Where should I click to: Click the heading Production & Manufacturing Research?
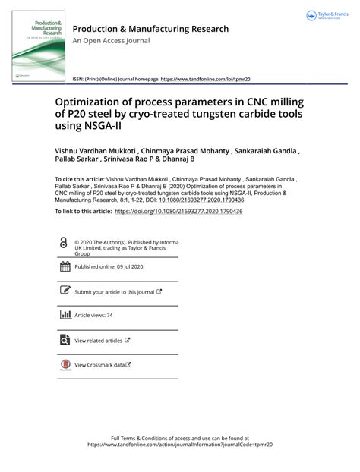[x=150, y=29]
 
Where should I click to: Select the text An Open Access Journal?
[x=112, y=42]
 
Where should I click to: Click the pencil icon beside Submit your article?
[x=64, y=291]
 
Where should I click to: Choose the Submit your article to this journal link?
[x=115, y=291]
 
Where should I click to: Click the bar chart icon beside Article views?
[x=64, y=314]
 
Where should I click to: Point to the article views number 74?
[x=109, y=314]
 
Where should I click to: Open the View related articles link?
[x=99, y=341]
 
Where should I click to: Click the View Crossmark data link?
[x=99, y=365]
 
